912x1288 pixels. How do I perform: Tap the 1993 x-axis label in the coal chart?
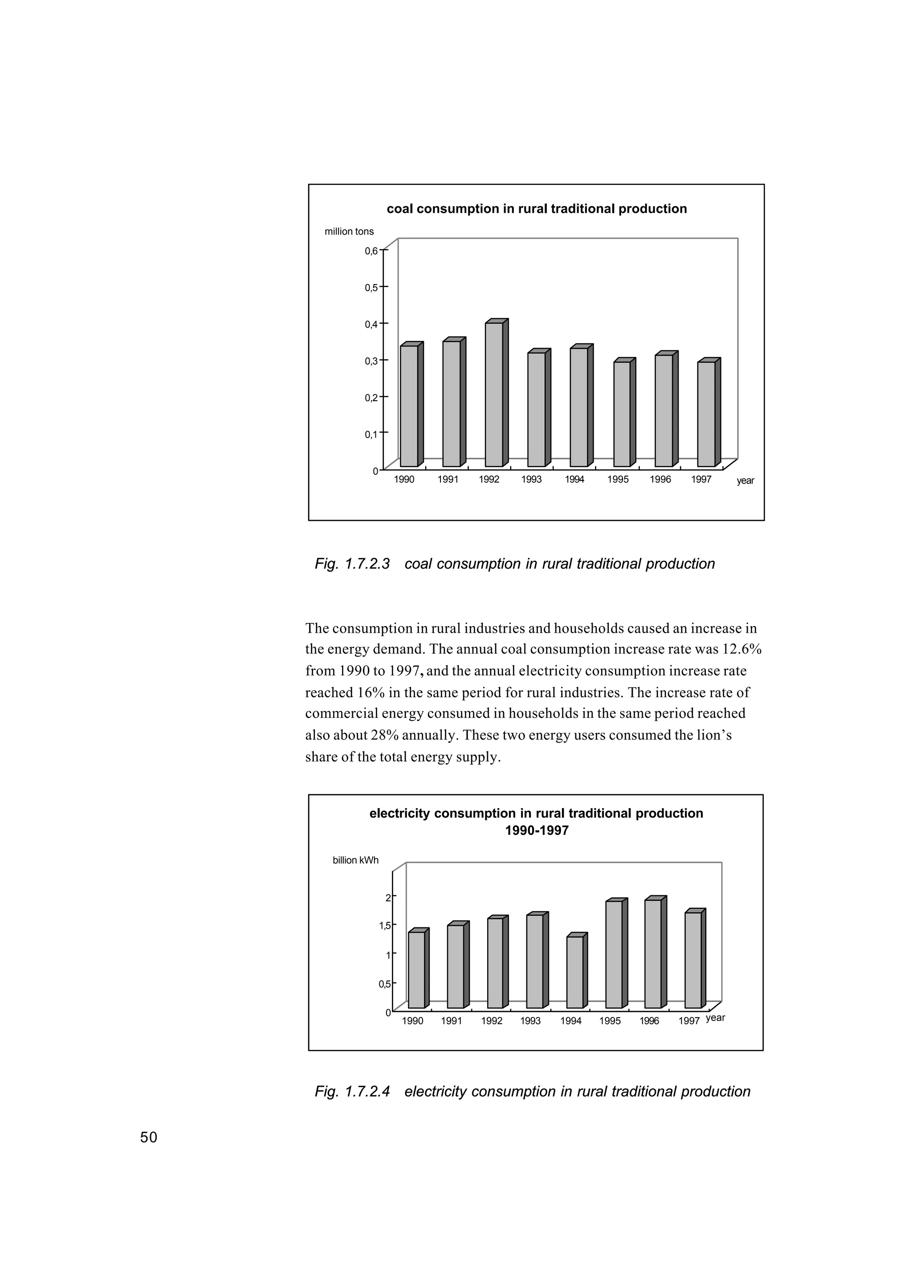(x=531, y=479)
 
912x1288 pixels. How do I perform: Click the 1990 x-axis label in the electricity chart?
(x=413, y=1021)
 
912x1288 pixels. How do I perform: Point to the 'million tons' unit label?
(x=349, y=232)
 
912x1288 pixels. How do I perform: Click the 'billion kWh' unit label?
(x=355, y=860)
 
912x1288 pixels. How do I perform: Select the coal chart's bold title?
(x=536, y=209)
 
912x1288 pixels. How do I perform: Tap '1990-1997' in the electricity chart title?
(x=536, y=830)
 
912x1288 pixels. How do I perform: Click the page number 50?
(x=149, y=1137)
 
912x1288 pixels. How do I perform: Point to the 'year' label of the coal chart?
(x=745, y=481)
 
